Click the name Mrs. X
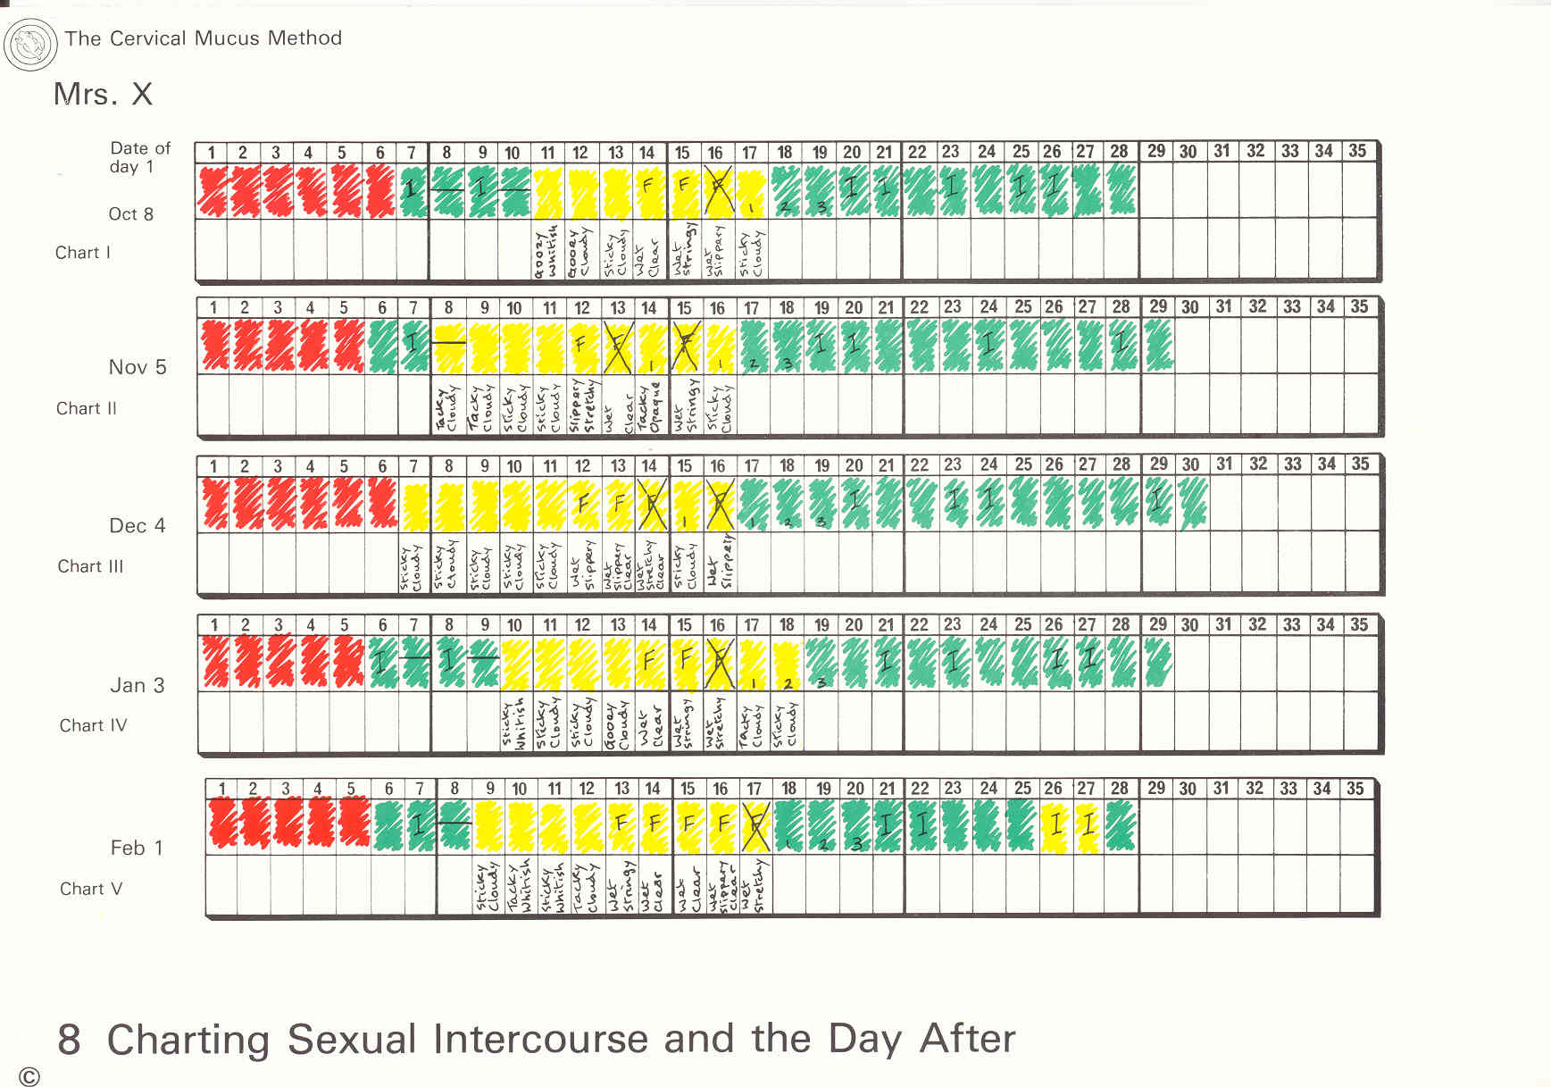point(103,94)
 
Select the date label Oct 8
point(130,214)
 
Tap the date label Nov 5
point(138,367)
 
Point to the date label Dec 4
point(138,526)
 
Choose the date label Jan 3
point(138,685)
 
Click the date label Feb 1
point(137,848)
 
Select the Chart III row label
point(90,566)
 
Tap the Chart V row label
point(91,889)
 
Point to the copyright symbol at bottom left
point(29,1076)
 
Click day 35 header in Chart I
point(1357,151)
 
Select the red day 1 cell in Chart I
point(212,190)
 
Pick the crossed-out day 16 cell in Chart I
point(716,190)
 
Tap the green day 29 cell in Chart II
point(1158,346)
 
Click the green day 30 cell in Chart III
point(1191,504)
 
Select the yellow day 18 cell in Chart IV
point(786,664)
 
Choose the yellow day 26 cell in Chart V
point(1055,825)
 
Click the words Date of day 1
point(139,157)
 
